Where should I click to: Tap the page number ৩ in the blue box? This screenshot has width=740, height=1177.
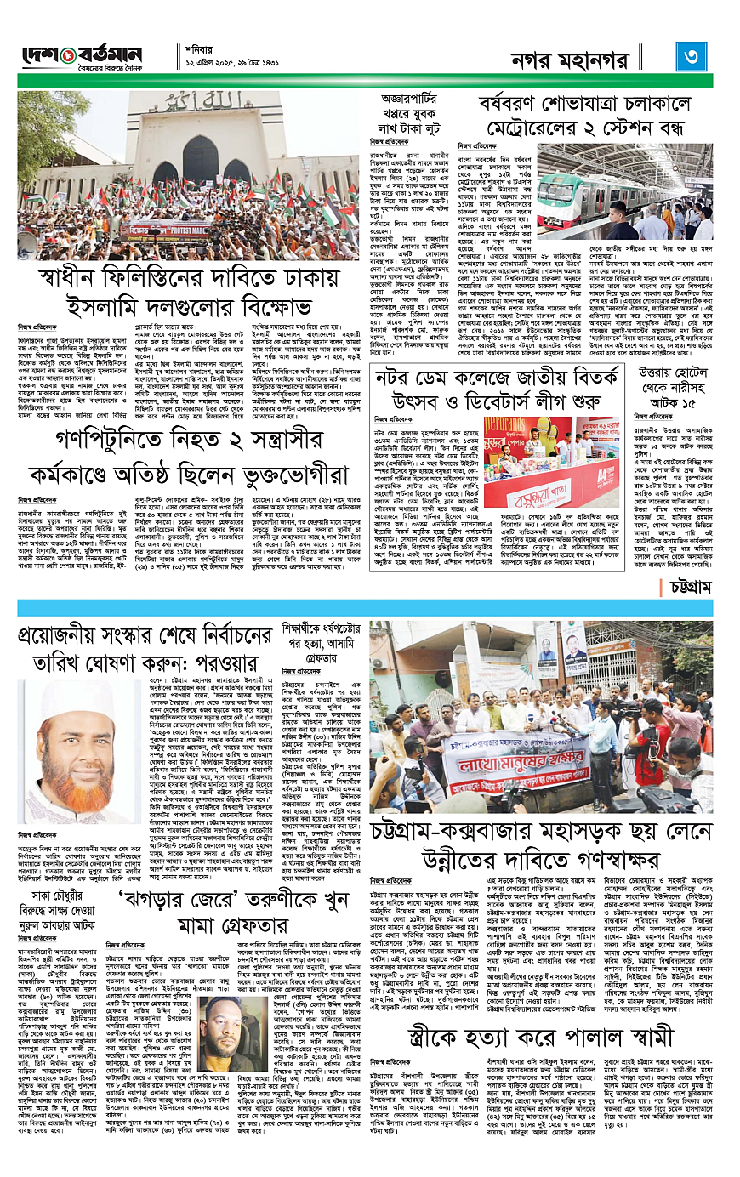click(x=690, y=56)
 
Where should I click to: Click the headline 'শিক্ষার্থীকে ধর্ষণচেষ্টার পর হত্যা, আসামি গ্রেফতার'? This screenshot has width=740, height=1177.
click(x=322, y=645)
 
